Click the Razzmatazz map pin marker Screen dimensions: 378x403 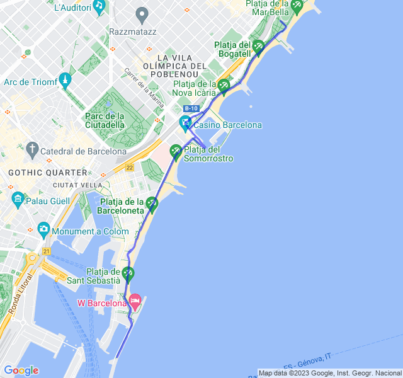pyautogui.click(x=142, y=14)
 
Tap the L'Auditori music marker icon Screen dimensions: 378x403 pyautogui.click(x=99, y=6)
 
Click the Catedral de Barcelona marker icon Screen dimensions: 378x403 pyautogui.click(x=32, y=150)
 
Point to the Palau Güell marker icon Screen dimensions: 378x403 pyautogui.click(x=18, y=199)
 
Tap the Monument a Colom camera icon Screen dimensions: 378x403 pyautogui.click(x=43, y=229)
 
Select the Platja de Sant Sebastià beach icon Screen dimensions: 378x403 pyautogui.click(x=128, y=273)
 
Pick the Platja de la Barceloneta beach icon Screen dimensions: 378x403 pyautogui.click(x=152, y=203)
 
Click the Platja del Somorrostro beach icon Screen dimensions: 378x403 pyautogui.click(x=176, y=151)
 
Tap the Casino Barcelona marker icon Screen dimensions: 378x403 pyautogui.click(x=185, y=123)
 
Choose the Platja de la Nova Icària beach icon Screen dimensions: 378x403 pyautogui.click(x=224, y=86)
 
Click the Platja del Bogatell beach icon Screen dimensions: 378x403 pyautogui.click(x=258, y=45)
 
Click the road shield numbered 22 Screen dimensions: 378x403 pyautogui.click(x=130, y=167)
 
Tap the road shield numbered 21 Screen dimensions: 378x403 pyautogui.click(x=46, y=251)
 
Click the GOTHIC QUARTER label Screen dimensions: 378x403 pyautogui.click(x=47, y=172)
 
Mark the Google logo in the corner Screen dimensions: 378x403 pyautogui.click(x=21, y=370)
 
